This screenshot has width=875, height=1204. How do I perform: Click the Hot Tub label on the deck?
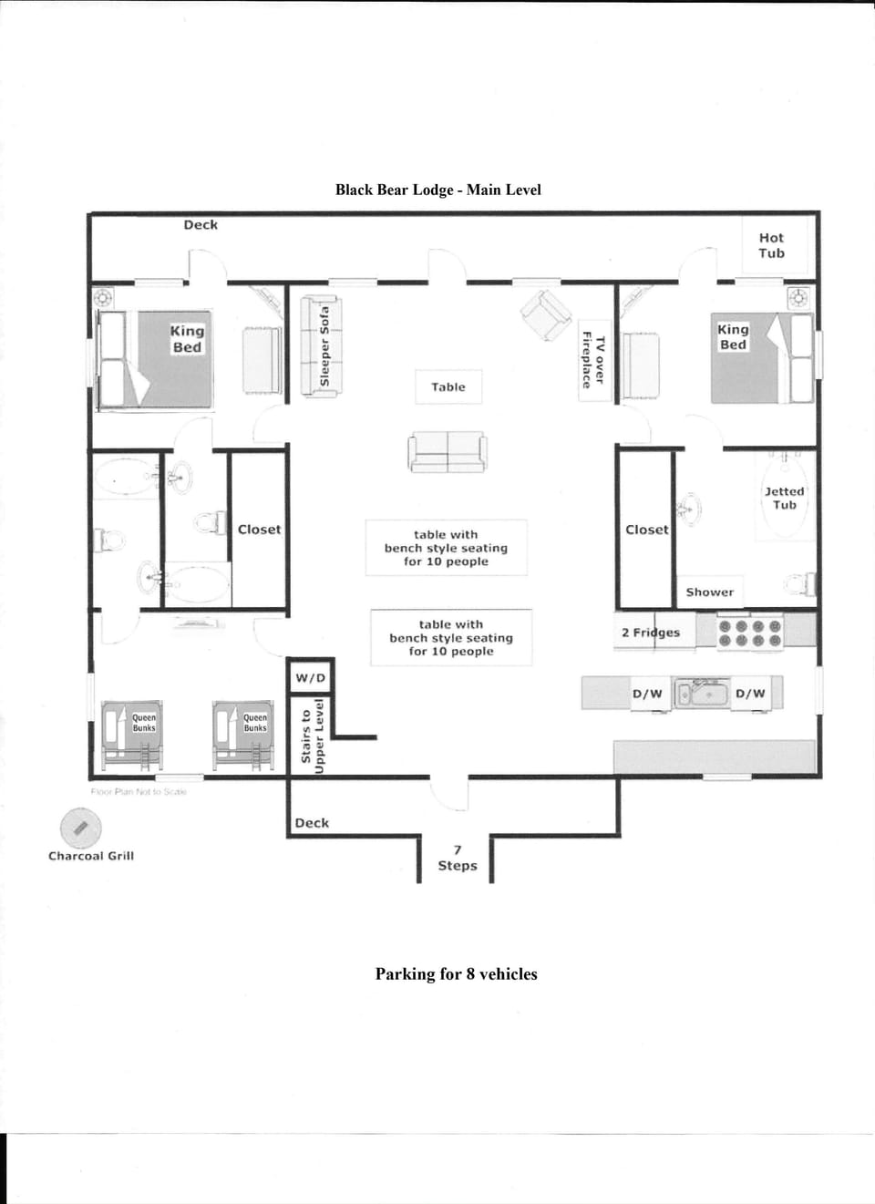click(771, 245)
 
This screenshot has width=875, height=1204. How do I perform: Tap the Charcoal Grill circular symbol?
click(80, 828)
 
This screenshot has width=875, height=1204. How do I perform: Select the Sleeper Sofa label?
click(324, 346)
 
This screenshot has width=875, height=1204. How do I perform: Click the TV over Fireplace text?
click(593, 361)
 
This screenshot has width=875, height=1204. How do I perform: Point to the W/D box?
click(310, 677)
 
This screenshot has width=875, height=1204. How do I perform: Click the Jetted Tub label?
click(784, 498)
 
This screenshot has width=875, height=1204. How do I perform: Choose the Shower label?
click(709, 592)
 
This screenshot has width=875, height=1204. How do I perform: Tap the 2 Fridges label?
click(651, 632)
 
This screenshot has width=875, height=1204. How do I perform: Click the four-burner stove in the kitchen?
click(750, 633)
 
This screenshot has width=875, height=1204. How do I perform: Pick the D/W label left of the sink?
click(647, 694)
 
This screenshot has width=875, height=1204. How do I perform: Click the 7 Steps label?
click(457, 858)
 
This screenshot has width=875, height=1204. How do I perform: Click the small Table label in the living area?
click(448, 386)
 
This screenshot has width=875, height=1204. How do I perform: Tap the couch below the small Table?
click(447, 451)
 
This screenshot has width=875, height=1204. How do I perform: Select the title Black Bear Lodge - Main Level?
click(437, 190)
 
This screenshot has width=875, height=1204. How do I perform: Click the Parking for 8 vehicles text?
click(456, 973)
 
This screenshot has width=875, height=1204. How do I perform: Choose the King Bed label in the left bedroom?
click(187, 338)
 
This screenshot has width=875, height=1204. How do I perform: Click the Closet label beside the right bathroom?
click(646, 529)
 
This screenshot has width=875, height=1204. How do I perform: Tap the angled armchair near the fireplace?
click(546, 314)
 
